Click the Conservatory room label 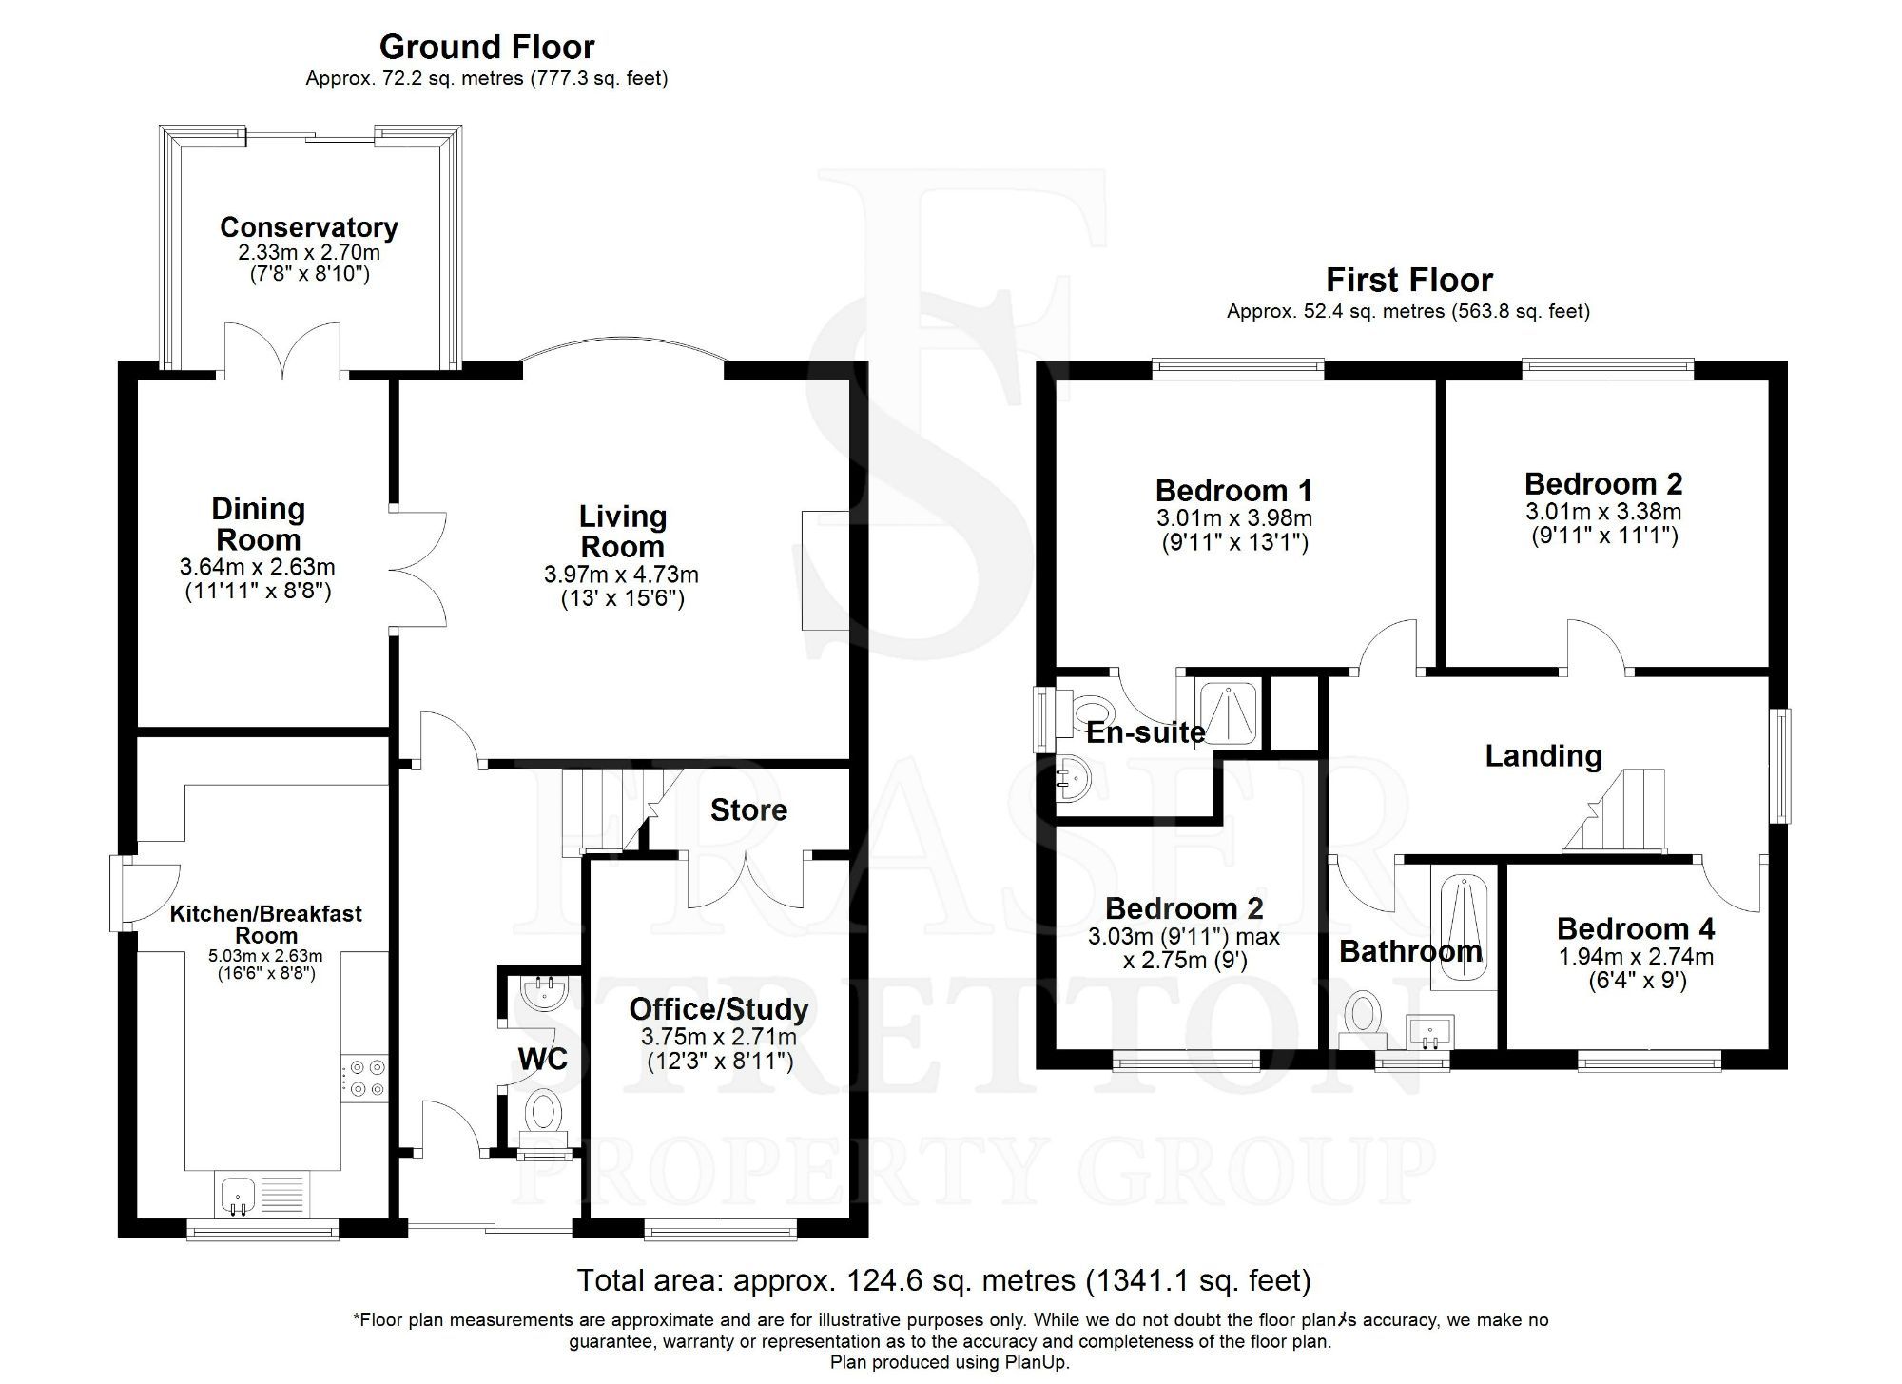click(x=308, y=227)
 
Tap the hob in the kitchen click(x=367, y=1078)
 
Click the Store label click(x=748, y=810)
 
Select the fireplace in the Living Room click(x=825, y=569)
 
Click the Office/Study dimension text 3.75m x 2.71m click(x=719, y=1037)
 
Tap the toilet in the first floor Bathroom click(x=1366, y=1013)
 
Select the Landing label click(x=1543, y=756)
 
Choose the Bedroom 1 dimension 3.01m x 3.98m click(x=1233, y=518)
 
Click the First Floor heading click(x=1408, y=280)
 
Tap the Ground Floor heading click(x=486, y=47)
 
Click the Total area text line click(x=943, y=1280)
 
